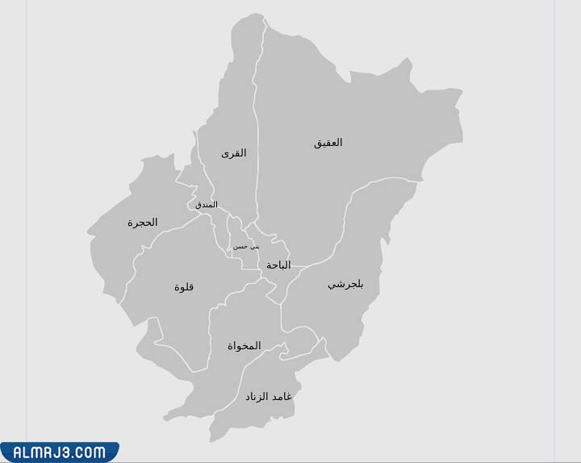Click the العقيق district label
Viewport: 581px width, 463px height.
click(x=328, y=143)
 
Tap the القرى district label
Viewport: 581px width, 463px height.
click(x=233, y=153)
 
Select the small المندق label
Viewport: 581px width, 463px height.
click(x=206, y=205)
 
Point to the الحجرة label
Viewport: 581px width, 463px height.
click(x=142, y=223)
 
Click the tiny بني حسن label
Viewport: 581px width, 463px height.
click(x=245, y=246)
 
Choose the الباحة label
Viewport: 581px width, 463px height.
click(x=278, y=265)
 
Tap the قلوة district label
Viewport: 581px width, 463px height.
click(x=184, y=287)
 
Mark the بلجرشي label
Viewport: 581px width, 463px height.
click(x=345, y=285)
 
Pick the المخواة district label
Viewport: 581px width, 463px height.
click(x=244, y=346)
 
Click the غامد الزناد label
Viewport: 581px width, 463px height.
click(x=269, y=397)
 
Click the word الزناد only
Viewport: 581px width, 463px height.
click(x=257, y=397)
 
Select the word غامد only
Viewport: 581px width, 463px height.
click(x=282, y=397)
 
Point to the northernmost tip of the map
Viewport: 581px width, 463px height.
click(x=257, y=14)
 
